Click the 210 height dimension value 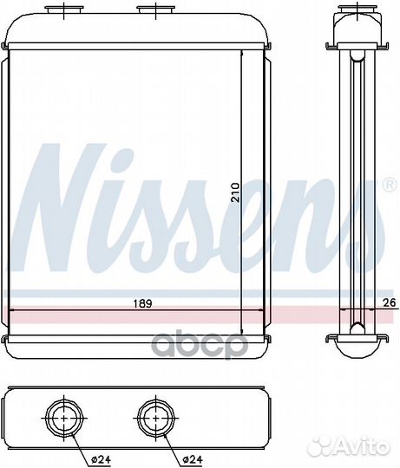(x=236, y=192)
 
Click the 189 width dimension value (x=142, y=303)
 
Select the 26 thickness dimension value (x=390, y=302)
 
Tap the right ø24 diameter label (x=193, y=459)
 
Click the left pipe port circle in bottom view (x=64, y=418)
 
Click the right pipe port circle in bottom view (x=156, y=418)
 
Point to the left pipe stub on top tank (x=64, y=10)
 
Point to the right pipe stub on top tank (x=156, y=10)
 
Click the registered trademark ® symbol (x=390, y=185)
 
